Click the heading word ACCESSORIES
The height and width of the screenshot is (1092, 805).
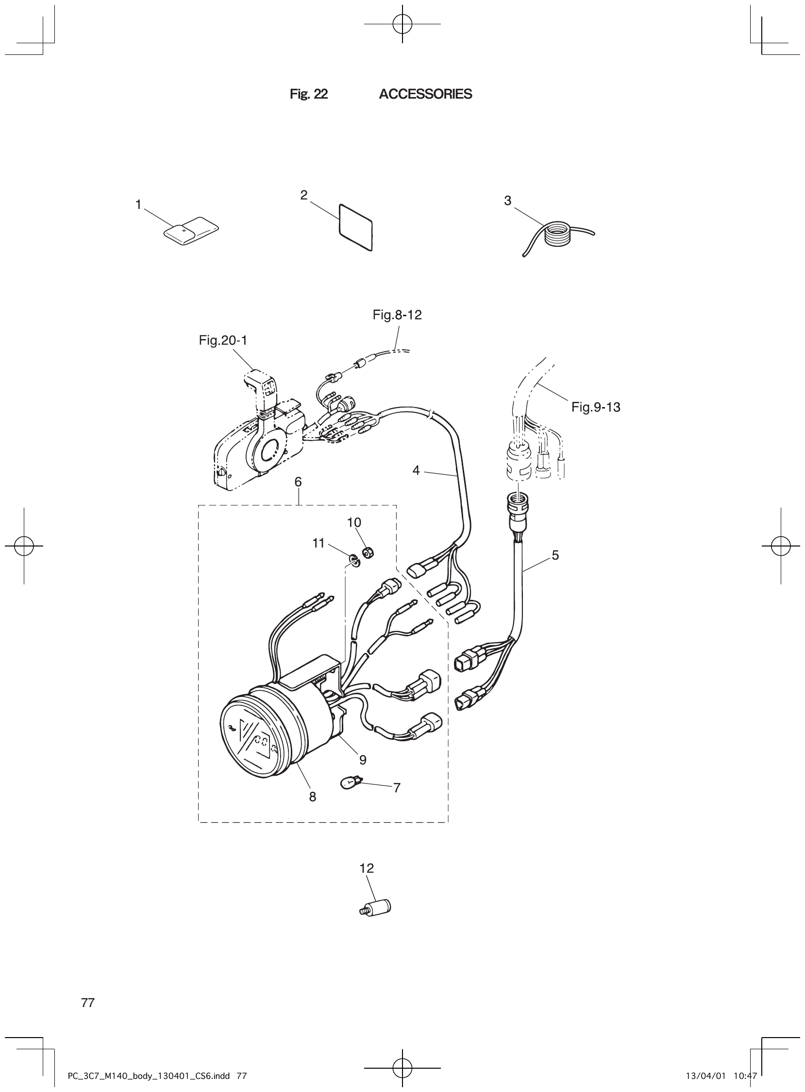[x=425, y=94]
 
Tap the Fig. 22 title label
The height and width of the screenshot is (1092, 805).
[x=308, y=94]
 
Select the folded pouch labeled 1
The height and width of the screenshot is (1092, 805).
[x=190, y=230]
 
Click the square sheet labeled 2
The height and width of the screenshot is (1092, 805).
[x=355, y=227]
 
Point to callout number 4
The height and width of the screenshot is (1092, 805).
[x=416, y=470]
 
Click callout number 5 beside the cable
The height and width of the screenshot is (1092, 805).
[x=555, y=555]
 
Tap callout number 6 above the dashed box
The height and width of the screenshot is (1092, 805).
[x=298, y=482]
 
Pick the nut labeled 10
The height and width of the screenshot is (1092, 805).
[x=369, y=553]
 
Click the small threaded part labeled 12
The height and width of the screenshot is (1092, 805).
[x=379, y=908]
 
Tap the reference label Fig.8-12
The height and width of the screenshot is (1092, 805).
[x=397, y=315]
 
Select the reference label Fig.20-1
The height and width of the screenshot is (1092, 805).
[x=223, y=340]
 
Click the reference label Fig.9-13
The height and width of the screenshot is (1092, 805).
[x=595, y=407]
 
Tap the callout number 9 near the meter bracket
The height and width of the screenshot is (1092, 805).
[x=363, y=760]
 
